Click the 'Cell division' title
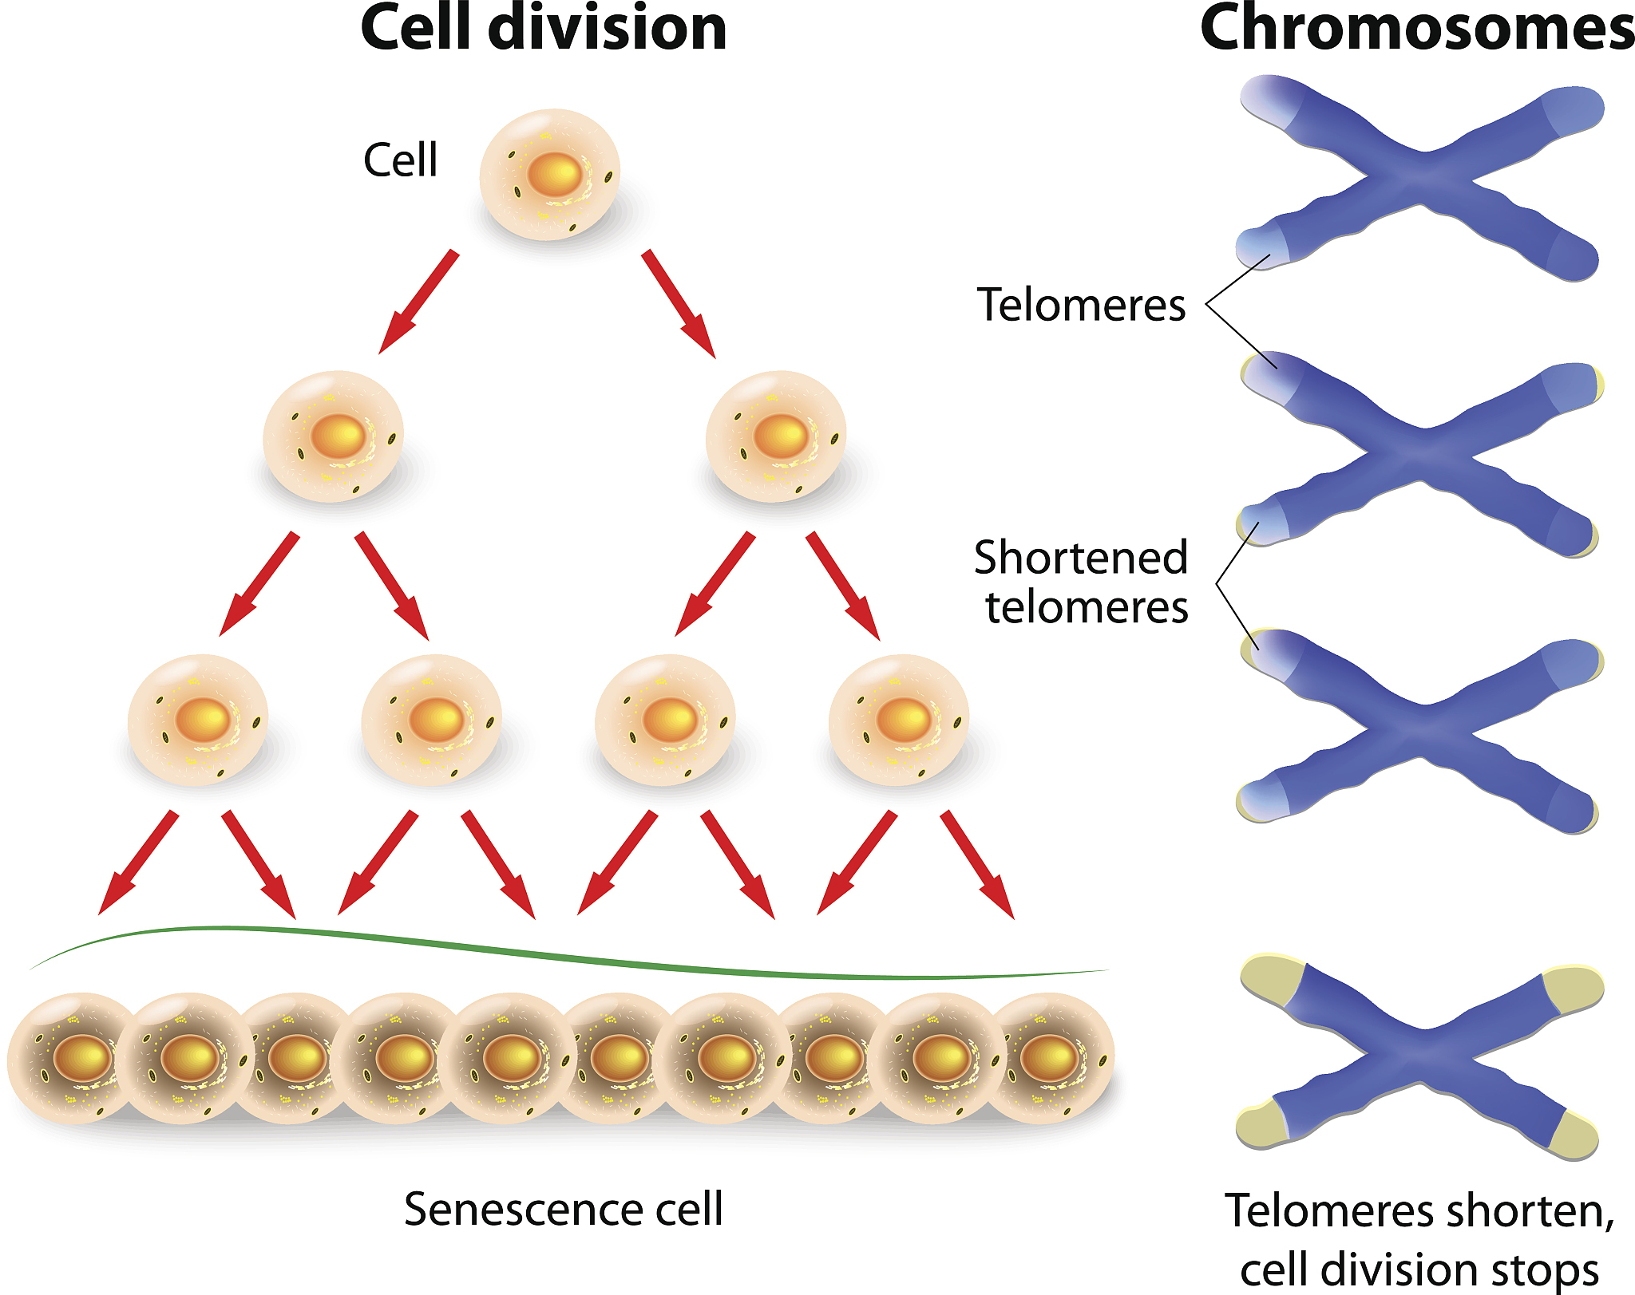[x=544, y=29]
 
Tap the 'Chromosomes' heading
[x=1417, y=29]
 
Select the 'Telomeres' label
[x=1082, y=305]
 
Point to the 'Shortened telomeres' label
[x=1082, y=582]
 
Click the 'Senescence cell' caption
[x=564, y=1209]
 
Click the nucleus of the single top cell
[x=554, y=174]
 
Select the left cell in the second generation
[x=334, y=436]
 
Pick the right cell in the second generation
[x=776, y=436]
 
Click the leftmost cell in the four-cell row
[x=198, y=720]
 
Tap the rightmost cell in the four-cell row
[x=899, y=720]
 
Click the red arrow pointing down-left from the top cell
[x=418, y=302]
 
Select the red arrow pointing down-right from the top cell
[x=679, y=303]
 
